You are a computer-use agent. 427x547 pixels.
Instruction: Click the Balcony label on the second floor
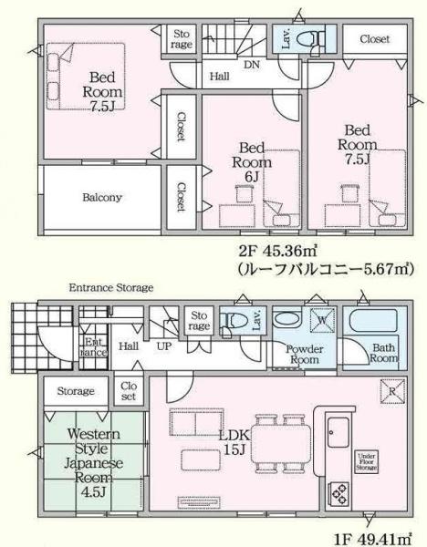click(x=102, y=196)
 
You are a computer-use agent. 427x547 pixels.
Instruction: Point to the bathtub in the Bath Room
click(x=374, y=323)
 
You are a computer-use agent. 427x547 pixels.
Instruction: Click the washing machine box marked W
click(x=327, y=321)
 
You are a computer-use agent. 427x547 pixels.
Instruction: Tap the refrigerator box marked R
click(x=391, y=393)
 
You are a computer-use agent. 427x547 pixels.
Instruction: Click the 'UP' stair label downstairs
click(x=164, y=347)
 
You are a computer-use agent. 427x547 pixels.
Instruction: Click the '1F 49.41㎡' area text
click(x=373, y=538)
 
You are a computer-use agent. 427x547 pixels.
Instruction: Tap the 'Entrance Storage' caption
click(x=111, y=288)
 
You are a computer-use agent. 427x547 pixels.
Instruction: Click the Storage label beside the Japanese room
click(x=77, y=391)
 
